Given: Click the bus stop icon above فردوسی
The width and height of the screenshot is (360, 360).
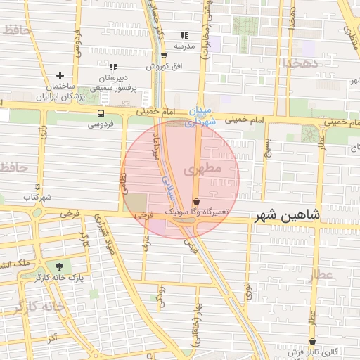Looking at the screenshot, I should click(x=101, y=112).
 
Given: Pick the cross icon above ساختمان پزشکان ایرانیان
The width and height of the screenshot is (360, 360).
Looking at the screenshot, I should click(x=60, y=75).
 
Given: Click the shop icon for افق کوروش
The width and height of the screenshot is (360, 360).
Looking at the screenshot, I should click(x=163, y=55).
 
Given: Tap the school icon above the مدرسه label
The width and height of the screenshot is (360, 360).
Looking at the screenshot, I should click(x=184, y=34).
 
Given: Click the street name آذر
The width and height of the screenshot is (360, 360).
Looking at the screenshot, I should click(x=51, y=339).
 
